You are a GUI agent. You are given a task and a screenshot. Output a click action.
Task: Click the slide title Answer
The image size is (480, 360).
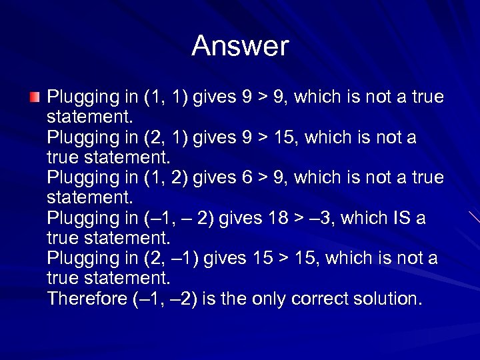point(240,47)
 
